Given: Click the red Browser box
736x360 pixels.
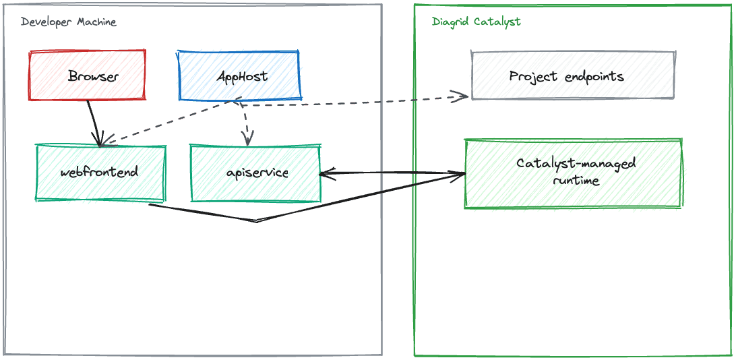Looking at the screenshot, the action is pyautogui.click(x=87, y=75).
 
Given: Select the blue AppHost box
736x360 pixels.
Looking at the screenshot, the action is pyautogui.click(x=239, y=75).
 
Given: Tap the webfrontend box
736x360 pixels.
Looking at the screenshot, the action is pyautogui.click(x=100, y=173).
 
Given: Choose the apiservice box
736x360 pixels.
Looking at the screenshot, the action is pyautogui.click(x=256, y=173).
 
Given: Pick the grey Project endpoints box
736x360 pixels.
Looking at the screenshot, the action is pyautogui.click(x=573, y=75).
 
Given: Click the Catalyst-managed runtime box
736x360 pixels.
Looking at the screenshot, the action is pyautogui.click(x=573, y=173).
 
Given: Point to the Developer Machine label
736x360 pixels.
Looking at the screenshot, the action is pyautogui.click(x=69, y=22).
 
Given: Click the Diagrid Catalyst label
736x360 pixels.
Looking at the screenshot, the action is pyautogui.click(x=476, y=22).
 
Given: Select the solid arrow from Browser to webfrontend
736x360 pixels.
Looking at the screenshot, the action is pyautogui.click(x=94, y=123).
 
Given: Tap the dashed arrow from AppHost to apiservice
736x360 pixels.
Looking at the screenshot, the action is pyautogui.click(x=245, y=123).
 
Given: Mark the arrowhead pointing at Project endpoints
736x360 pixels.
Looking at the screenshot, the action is pyautogui.click(x=460, y=96).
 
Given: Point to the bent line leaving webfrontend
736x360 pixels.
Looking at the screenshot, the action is pyautogui.click(x=257, y=221).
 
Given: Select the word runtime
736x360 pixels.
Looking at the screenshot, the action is pyautogui.click(x=576, y=181).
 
